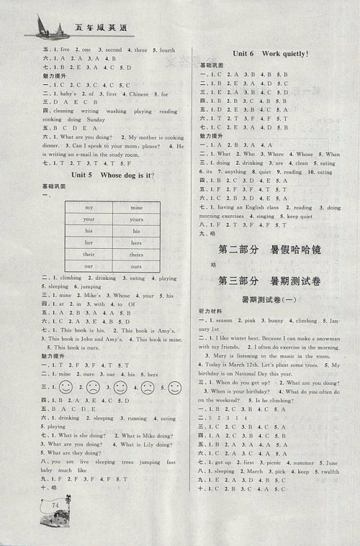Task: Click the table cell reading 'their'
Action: (89, 254)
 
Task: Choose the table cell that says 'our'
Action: (89, 266)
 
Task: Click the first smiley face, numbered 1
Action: (66, 388)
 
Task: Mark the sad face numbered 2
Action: (92, 388)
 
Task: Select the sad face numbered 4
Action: (148, 388)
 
